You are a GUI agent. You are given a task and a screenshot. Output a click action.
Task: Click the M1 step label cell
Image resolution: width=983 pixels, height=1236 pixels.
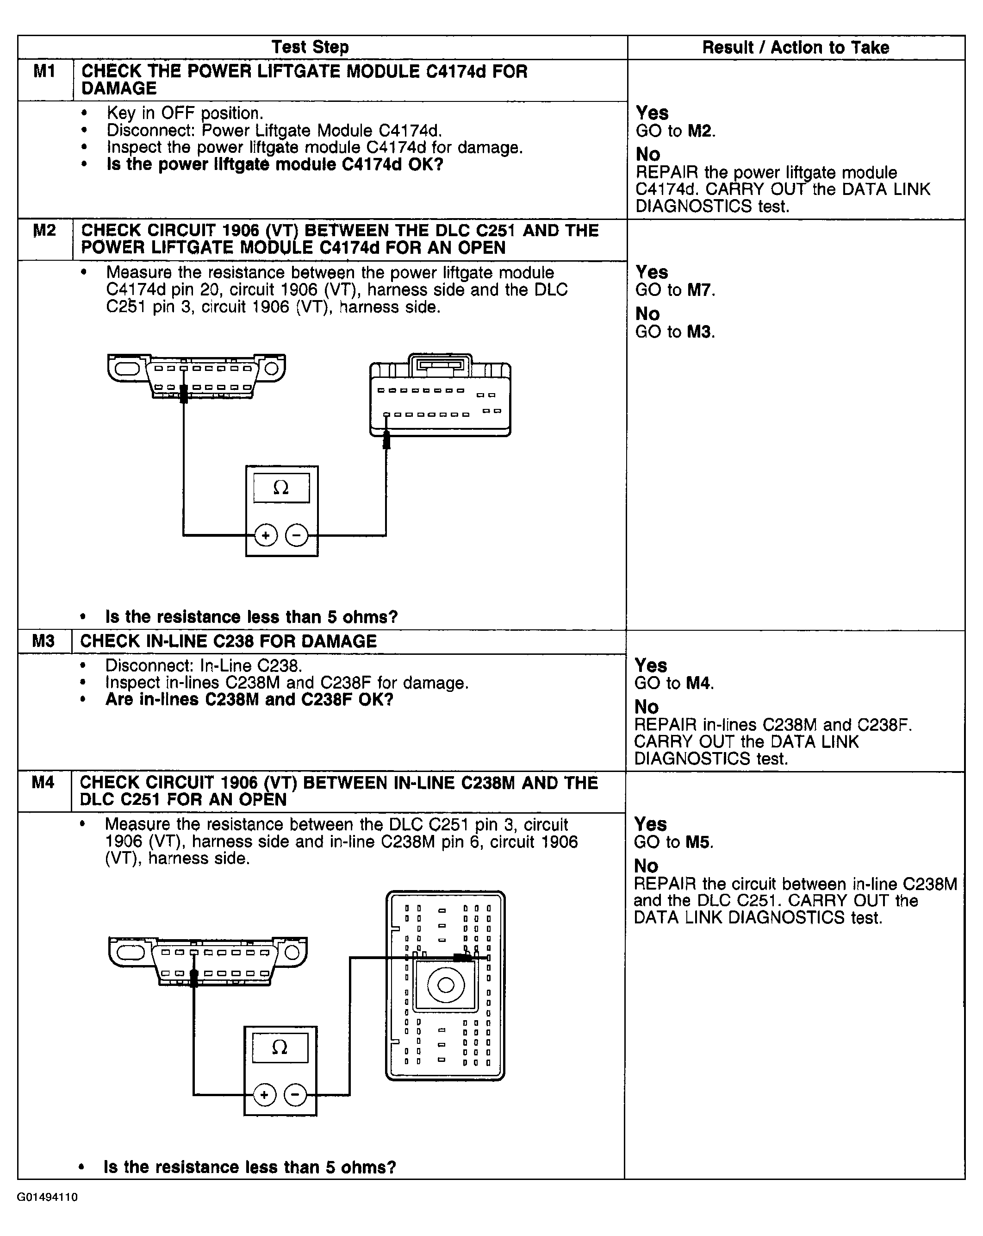click(x=45, y=73)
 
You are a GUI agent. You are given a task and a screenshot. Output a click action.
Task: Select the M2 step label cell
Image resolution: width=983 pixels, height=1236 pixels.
click(x=45, y=231)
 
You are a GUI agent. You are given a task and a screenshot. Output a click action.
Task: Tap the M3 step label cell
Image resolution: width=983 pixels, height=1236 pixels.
click(x=44, y=641)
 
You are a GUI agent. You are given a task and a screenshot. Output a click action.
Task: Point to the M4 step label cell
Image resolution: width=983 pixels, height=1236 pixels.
click(x=44, y=783)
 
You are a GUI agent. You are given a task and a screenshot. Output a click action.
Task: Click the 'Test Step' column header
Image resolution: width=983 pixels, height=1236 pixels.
click(x=310, y=48)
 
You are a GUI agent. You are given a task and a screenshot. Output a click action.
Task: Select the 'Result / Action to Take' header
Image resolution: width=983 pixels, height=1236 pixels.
click(x=796, y=48)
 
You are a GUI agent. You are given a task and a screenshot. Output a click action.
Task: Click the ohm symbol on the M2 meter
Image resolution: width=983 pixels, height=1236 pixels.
click(x=281, y=488)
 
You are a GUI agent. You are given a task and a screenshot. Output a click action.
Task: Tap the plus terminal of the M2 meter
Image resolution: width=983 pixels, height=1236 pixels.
click(x=266, y=535)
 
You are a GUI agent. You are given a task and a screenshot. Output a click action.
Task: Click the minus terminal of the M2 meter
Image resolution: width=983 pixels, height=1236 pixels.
click(x=297, y=535)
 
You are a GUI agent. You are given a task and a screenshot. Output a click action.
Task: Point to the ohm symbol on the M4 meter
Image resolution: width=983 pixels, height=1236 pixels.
click(x=280, y=1048)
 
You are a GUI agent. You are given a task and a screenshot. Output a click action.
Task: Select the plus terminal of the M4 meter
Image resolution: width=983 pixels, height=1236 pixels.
click(x=264, y=1095)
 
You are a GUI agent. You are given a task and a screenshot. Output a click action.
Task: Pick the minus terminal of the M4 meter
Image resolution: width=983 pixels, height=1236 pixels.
click(x=295, y=1095)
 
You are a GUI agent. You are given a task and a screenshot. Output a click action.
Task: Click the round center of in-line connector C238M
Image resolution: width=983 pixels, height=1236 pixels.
click(x=446, y=985)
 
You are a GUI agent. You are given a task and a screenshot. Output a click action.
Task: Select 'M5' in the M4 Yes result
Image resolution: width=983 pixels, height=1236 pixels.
click(x=698, y=843)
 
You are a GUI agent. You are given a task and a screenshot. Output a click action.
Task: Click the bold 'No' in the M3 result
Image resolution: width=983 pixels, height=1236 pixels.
click(x=646, y=707)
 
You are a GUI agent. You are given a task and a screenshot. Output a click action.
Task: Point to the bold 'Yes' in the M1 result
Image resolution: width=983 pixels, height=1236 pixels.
click(x=652, y=113)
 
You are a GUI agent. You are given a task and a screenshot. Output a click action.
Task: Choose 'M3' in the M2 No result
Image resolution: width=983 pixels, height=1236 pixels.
click(x=699, y=332)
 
